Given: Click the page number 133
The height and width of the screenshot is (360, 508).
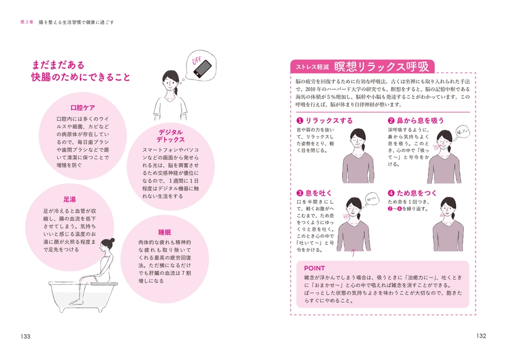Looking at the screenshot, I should tap(25, 336).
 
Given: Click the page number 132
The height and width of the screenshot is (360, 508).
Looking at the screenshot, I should tap(482, 336).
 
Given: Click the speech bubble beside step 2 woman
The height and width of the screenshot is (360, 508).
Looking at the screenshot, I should tap(463, 132).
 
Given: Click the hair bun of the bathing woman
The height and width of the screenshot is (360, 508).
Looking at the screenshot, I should tap(112, 241).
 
